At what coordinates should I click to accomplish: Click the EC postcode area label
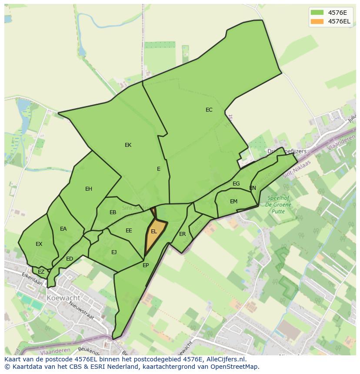[209, 110]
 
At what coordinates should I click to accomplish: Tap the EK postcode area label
[128, 145]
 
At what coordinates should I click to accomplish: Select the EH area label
[89, 189]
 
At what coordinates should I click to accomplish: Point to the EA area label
[63, 229]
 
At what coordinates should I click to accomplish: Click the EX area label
[39, 244]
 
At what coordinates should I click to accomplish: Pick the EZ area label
[41, 272]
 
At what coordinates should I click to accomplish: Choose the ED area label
[70, 259]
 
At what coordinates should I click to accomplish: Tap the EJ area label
[114, 252]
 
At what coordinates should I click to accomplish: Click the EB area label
[113, 212]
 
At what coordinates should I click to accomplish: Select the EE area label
[129, 231]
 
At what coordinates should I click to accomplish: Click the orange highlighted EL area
[154, 235]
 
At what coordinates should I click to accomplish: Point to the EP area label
[146, 265]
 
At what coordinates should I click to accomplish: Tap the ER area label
[183, 234]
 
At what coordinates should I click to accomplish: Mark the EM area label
[234, 202]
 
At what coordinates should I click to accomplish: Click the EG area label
[236, 184]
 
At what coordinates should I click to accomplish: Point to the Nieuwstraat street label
[82, 311]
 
